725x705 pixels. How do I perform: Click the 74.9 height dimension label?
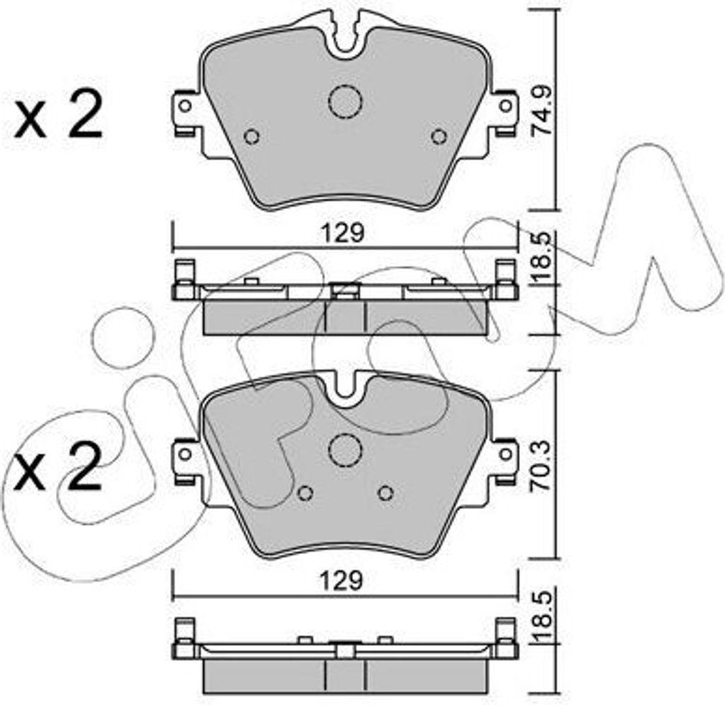(x=541, y=113)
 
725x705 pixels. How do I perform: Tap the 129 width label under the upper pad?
(x=344, y=234)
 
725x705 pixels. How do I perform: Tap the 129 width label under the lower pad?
(x=344, y=582)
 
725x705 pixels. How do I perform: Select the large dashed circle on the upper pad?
(x=345, y=102)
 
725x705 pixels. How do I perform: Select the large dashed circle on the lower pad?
(x=345, y=449)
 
